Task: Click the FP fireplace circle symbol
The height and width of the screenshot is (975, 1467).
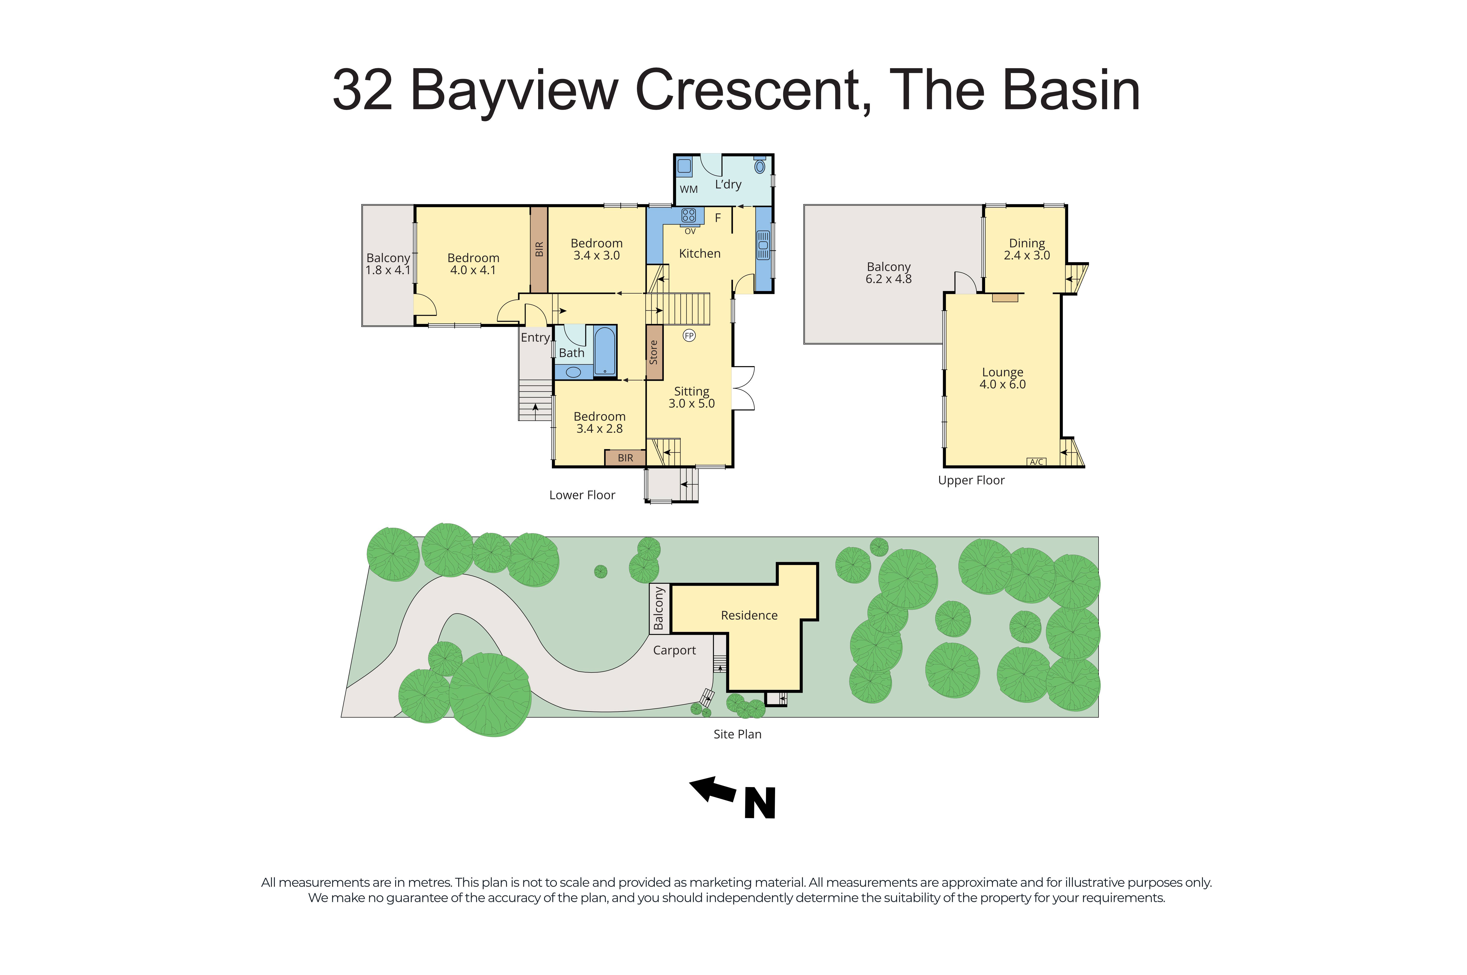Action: click(689, 336)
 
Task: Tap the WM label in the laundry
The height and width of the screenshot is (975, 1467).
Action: click(688, 189)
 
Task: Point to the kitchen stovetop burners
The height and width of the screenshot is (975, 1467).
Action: click(688, 215)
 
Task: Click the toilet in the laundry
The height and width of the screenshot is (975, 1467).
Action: click(760, 166)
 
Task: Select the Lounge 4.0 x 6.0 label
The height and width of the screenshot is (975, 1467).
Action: click(1002, 378)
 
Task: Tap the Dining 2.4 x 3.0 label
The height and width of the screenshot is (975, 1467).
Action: click(1026, 249)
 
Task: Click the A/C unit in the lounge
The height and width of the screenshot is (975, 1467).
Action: click(1036, 461)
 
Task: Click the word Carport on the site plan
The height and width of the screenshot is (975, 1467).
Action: click(674, 650)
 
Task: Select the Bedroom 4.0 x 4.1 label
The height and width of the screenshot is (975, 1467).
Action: click(473, 264)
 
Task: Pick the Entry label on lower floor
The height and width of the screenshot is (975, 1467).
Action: click(535, 338)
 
